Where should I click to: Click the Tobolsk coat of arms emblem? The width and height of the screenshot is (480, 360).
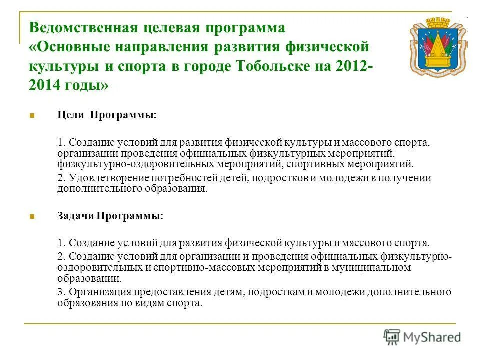tap(438, 47)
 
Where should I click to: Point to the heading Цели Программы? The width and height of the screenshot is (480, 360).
tap(107, 115)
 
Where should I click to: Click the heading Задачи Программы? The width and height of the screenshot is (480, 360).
tap(110, 216)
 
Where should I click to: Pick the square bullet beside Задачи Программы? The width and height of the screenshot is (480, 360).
tap(32, 217)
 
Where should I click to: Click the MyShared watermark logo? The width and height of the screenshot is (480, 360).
tap(423, 337)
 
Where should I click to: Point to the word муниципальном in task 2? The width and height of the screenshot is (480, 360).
tap(379, 268)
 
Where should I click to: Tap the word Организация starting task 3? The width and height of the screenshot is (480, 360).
tap(98, 292)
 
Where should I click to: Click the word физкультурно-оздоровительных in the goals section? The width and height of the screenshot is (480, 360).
tap(136, 164)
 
